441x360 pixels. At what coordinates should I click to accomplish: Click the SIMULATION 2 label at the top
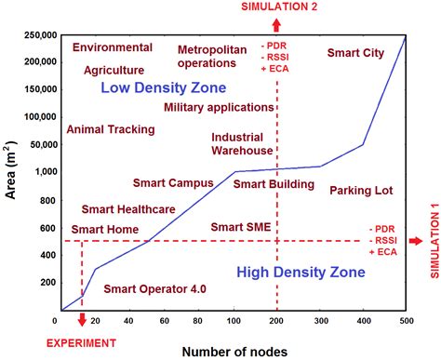coord(276,7)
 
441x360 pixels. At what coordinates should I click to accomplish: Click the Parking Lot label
coord(361,190)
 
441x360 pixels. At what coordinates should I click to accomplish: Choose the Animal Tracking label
coord(111,129)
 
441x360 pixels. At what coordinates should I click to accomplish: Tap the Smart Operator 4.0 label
coord(154,289)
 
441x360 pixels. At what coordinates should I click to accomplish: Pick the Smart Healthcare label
coord(128,209)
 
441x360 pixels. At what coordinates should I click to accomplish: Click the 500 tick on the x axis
coord(407,320)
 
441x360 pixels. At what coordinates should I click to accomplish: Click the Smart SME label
coord(240,227)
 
